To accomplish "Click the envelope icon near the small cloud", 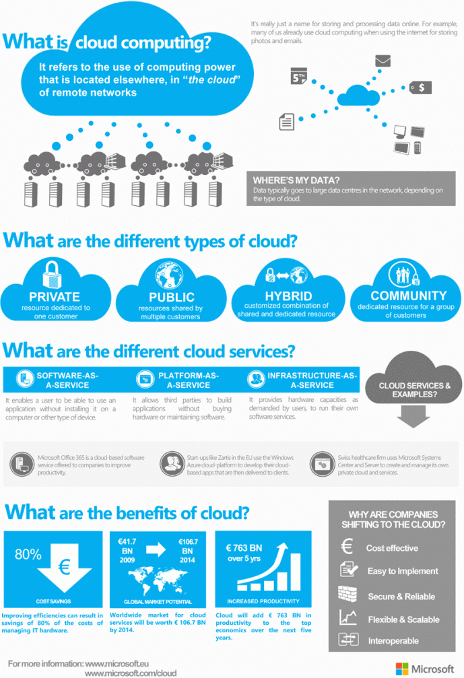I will click(x=383, y=62).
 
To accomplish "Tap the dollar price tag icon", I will click(x=421, y=88).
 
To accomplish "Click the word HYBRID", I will click(x=288, y=296).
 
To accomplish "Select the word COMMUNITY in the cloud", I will click(x=408, y=295).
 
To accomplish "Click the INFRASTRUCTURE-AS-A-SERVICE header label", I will click(x=312, y=380).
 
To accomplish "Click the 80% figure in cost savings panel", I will click(x=28, y=555).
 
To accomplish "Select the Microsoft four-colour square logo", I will click(x=402, y=669).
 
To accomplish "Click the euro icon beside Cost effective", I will click(x=347, y=547).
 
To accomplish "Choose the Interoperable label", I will click(x=393, y=641).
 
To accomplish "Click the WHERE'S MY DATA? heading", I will click(x=296, y=180).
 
